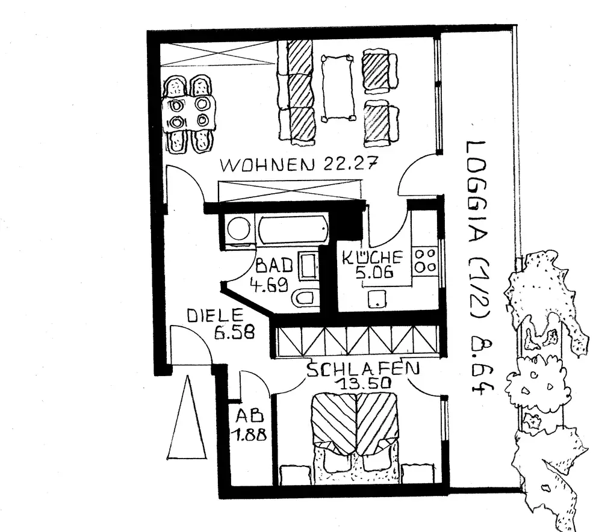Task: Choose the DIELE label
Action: click(214, 314)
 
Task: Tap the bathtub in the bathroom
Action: click(293, 229)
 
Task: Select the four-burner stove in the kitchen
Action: click(426, 260)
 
